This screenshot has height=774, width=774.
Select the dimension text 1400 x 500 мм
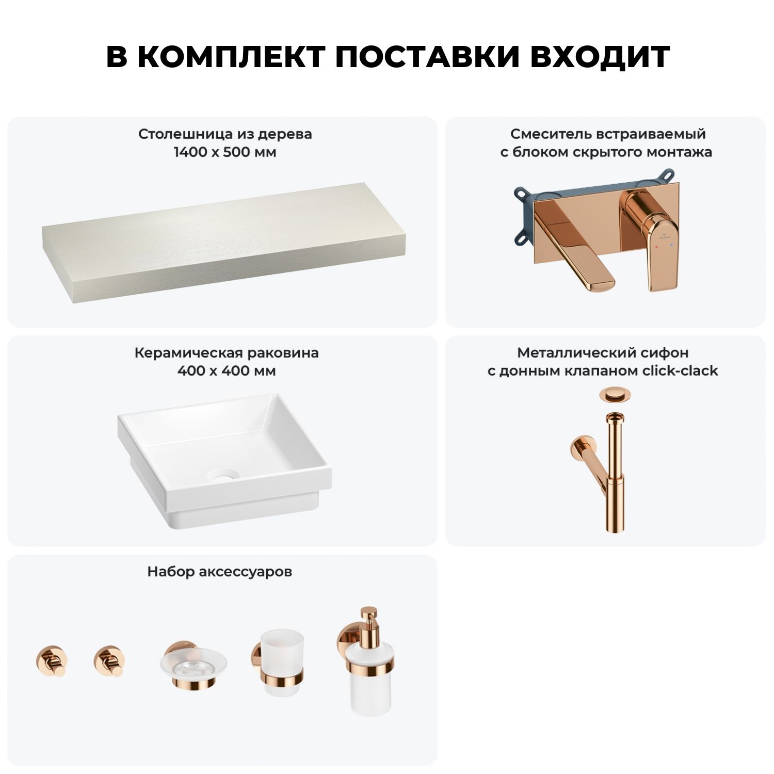click(x=225, y=152)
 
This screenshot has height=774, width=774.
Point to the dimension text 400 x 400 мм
click(x=227, y=370)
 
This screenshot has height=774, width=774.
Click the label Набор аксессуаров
click(x=220, y=572)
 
